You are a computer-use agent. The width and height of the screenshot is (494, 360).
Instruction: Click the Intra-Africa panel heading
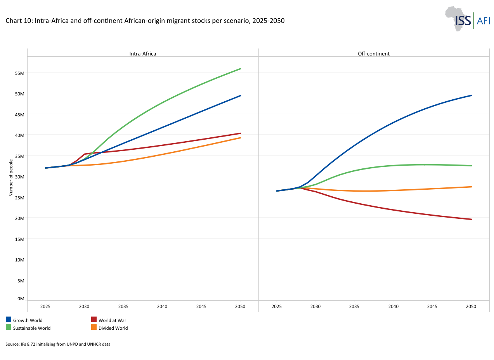click(142, 54)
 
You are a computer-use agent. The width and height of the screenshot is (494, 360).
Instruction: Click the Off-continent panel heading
click(374, 54)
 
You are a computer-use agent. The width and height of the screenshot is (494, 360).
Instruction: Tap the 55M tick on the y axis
click(20, 73)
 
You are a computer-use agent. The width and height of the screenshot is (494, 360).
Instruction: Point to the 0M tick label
click(21, 299)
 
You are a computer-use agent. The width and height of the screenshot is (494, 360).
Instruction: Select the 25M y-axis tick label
click(20, 198)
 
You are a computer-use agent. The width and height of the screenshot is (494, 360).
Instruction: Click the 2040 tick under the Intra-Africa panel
click(162, 306)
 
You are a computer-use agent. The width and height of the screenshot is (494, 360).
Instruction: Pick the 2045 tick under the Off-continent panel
click(432, 306)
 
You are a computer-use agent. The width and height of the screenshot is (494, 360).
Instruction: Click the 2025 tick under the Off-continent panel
click(277, 306)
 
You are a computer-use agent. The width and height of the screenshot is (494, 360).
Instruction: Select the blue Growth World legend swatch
click(9, 319)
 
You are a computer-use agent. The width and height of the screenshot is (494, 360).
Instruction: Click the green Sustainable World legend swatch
click(9, 327)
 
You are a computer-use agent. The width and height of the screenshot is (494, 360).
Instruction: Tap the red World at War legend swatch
click(94, 319)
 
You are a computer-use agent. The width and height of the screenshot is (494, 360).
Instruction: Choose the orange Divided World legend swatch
click(94, 327)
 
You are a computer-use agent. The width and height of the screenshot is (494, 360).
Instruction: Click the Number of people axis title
click(11, 178)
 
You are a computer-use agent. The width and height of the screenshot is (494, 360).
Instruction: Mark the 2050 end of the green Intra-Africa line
click(240, 69)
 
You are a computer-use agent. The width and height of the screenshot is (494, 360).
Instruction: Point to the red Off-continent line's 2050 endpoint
click(471, 219)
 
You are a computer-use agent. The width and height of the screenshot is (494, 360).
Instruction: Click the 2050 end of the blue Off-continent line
click(471, 95)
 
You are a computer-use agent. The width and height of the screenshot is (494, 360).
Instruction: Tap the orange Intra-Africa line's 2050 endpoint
click(240, 138)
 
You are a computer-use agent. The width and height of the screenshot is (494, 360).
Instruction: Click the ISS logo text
click(463, 21)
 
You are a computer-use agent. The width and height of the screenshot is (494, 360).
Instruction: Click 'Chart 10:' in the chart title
click(19, 21)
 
